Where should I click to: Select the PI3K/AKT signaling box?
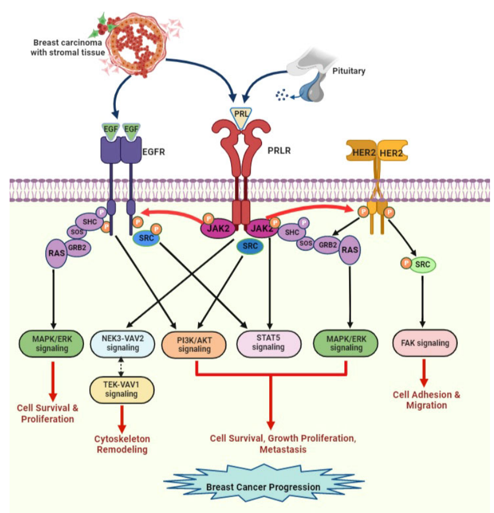pyautogui.click(x=194, y=344)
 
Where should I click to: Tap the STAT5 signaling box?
pyautogui.click(x=268, y=344)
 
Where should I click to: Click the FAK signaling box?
pyautogui.click(x=425, y=342)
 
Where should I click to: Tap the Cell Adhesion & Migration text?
pyautogui.click(x=426, y=400)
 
